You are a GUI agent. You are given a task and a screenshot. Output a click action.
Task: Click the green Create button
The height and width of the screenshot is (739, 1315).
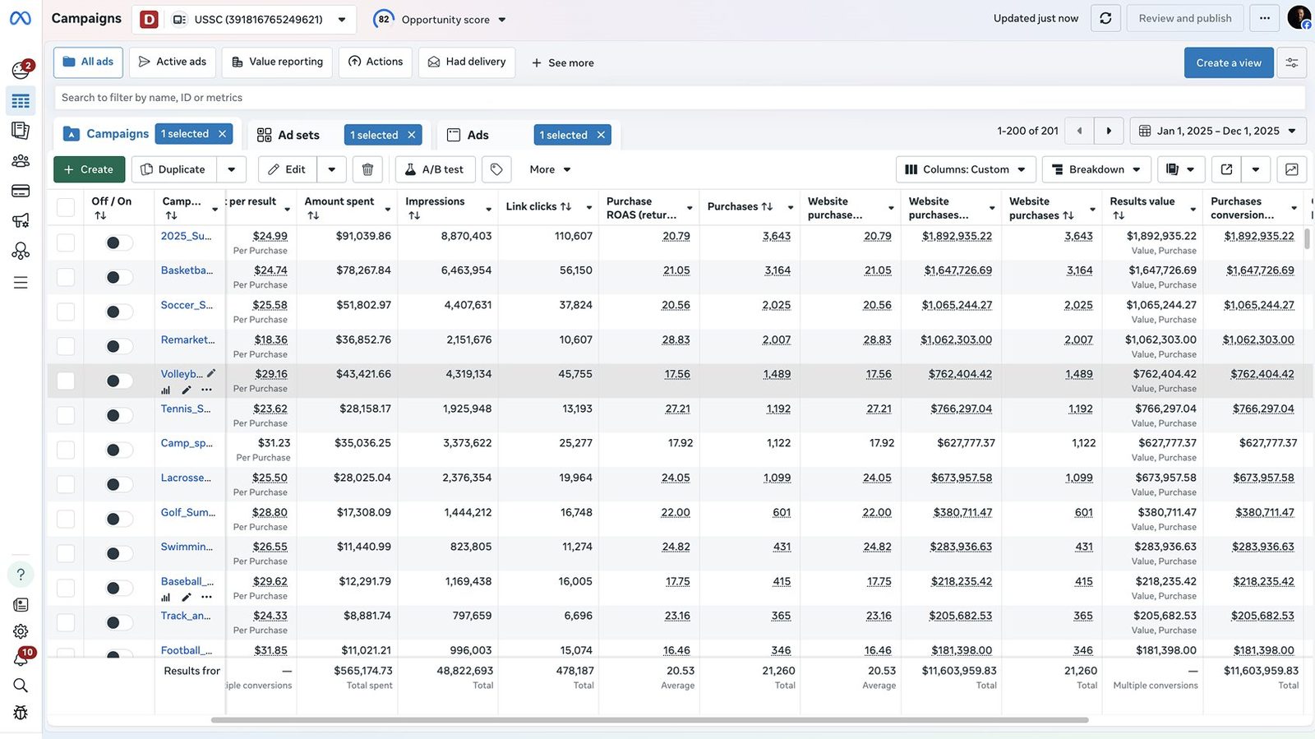click(x=90, y=169)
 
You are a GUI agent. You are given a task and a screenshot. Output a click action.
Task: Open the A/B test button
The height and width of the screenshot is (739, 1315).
click(x=435, y=169)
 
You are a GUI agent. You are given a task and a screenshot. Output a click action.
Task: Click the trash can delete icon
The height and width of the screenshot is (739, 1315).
click(x=367, y=169)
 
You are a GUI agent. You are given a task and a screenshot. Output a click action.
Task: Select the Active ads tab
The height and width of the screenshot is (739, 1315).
click(x=173, y=62)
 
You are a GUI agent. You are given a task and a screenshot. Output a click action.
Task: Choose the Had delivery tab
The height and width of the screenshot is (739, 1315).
click(x=467, y=62)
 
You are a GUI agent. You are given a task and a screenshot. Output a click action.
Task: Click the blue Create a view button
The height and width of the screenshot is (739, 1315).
click(x=1229, y=62)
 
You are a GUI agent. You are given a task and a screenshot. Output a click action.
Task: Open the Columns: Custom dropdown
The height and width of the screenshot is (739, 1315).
click(x=966, y=169)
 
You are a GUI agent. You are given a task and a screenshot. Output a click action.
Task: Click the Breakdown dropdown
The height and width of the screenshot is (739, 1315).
click(x=1096, y=169)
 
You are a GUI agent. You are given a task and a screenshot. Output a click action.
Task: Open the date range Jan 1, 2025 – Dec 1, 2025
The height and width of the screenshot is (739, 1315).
click(x=1217, y=131)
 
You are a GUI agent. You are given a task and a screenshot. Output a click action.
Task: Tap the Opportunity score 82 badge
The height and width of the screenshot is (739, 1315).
click(x=383, y=20)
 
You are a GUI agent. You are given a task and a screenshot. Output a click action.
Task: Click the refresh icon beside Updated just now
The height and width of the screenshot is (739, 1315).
click(x=1105, y=19)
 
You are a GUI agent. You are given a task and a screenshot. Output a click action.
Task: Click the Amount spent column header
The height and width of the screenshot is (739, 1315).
click(x=339, y=201)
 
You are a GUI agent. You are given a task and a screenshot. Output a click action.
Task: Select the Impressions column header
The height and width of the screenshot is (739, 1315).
click(x=435, y=201)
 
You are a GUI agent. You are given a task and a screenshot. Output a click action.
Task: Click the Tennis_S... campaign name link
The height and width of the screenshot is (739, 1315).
click(x=186, y=409)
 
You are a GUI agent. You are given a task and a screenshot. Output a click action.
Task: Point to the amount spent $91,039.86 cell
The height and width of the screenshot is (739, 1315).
click(x=363, y=236)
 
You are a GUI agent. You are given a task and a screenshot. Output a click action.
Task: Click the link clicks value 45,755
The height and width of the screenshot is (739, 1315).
click(x=574, y=374)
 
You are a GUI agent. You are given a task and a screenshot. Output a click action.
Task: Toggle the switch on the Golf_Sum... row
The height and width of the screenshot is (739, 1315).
click(x=118, y=519)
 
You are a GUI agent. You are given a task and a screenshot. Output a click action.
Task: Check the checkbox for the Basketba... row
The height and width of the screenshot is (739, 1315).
click(x=66, y=277)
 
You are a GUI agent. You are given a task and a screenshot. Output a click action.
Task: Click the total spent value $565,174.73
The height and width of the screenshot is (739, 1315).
click(x=362, y=670)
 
